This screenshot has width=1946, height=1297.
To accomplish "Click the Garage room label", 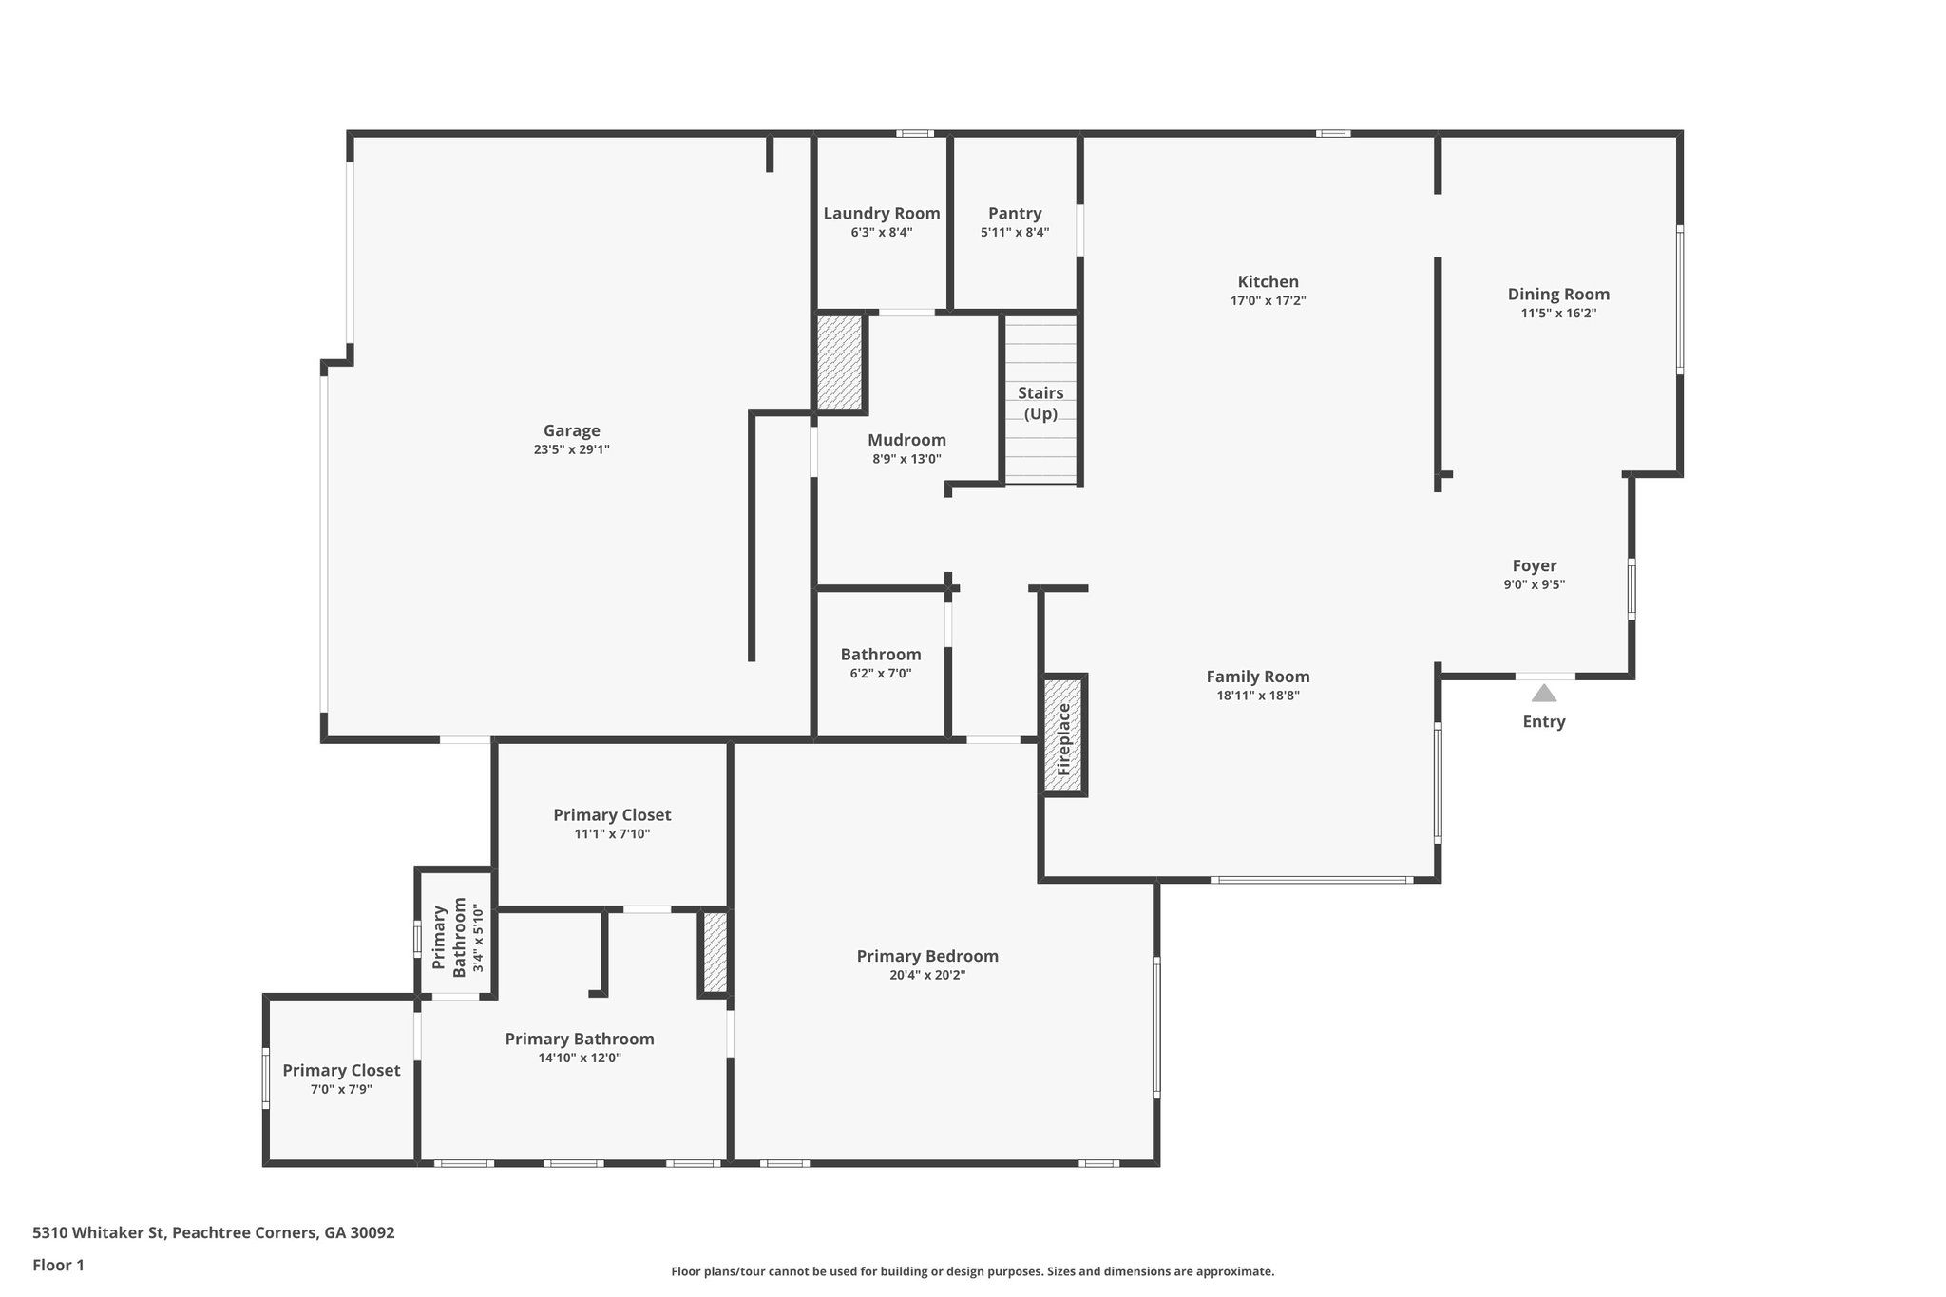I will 571,430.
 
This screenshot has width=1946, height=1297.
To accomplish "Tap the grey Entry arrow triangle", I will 1543,693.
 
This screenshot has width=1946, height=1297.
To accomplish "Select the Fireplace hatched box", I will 1064,734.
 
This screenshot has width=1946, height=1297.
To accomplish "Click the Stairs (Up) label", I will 1040,403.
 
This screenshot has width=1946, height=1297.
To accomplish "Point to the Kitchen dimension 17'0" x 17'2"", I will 1268,300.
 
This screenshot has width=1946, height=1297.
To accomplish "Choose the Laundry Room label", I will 881,213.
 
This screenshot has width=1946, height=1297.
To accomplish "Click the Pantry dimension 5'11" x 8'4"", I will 1014,232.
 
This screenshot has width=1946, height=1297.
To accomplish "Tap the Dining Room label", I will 1558,294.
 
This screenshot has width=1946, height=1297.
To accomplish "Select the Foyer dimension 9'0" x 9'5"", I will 1534,585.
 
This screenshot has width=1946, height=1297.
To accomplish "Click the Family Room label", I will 1257,677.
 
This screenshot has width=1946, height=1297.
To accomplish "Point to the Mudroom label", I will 906,440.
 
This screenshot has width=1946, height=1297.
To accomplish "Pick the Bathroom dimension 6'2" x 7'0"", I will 880,674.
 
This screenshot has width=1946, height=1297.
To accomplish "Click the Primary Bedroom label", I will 926,956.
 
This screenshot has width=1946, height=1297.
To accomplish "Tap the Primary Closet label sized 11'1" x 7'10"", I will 612,814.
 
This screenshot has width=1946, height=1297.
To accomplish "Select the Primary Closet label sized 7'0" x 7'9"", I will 341,1070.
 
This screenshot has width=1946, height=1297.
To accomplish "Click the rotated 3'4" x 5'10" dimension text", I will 478,939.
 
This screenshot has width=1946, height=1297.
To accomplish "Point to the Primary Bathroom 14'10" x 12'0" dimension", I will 579,1059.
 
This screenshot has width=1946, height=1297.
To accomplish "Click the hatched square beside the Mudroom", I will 839,362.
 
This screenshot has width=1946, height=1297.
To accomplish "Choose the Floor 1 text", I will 58,1265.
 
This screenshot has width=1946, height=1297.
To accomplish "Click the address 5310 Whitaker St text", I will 213,1232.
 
